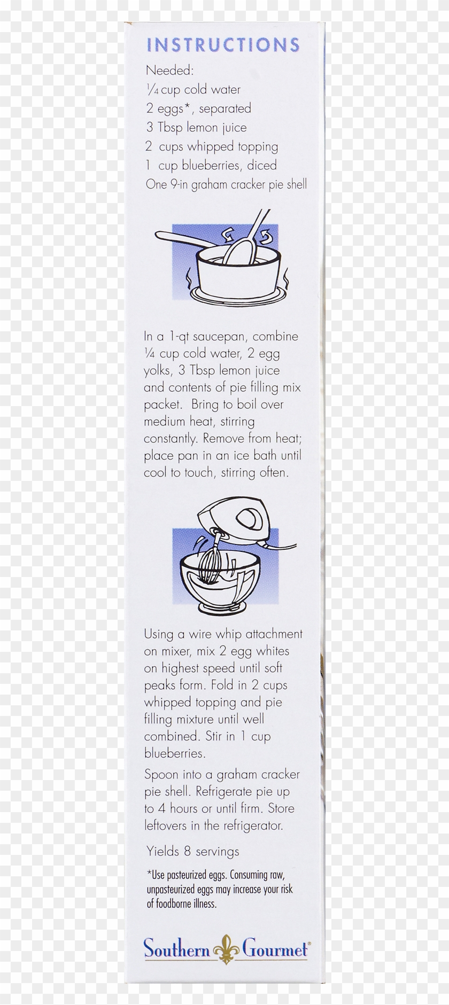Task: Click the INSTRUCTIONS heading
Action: pyautogui.click(x=223, y=45)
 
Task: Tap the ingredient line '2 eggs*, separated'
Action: pyautogui.click(x=198, y=108)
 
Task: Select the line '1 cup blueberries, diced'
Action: pyautogui.click(x=211, y=165)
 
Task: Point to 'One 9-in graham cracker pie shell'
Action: pyautogui.click(x=226, y=184)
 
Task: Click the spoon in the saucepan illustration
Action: pyautogui.click(x=243, y=241)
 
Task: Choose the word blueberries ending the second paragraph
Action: pyautogui.click(x=175, y=753)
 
